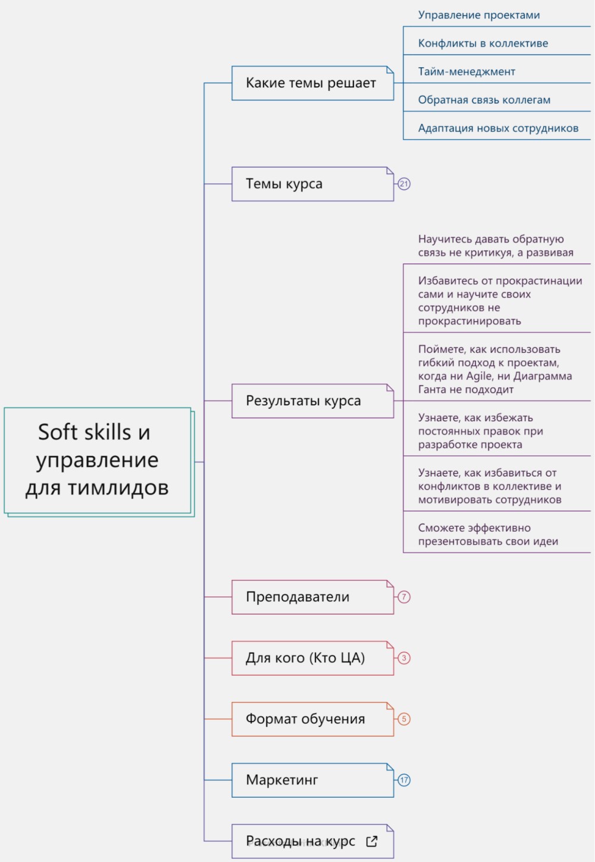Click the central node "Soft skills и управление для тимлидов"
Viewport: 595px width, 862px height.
pos(98,460)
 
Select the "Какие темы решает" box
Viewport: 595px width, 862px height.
pos(312,83)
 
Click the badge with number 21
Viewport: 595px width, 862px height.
pos(404,184)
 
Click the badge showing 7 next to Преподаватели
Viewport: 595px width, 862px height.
pos(404,597)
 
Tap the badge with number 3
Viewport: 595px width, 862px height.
pos(404,658)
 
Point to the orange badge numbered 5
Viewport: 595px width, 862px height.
pos(404,719)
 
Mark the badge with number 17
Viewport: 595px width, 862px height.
pos(404,780)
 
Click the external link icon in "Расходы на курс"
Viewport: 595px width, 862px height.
pos(372,841)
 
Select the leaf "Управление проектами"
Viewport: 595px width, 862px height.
pos(479,15)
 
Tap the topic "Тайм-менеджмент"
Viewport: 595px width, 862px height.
pos(466,72)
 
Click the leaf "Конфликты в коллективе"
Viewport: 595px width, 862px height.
pos(483,43)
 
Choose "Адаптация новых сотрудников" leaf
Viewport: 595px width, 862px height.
pos(498,128)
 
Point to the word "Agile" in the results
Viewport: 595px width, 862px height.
pos(479,376)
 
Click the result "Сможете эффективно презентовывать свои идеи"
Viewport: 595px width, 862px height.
pos(488,535)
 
